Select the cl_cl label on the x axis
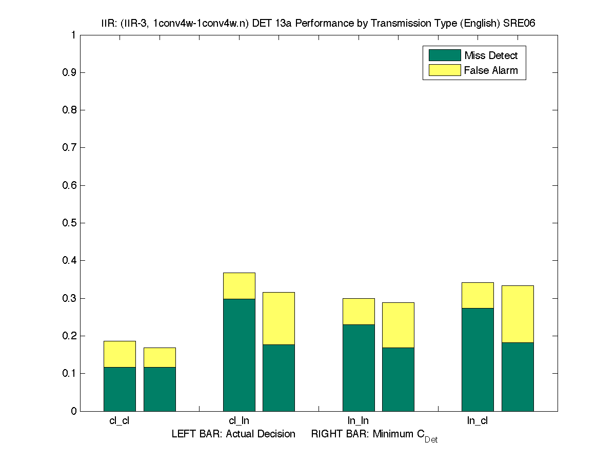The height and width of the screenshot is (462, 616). click(119, 421)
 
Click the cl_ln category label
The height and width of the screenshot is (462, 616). click(239, 421)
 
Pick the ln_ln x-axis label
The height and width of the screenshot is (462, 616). click(358, 421)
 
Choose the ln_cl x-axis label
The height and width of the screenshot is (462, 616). click(477, 421)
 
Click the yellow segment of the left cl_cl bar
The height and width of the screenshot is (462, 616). click(120, 354)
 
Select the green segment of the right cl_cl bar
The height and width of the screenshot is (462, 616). click(160, 389)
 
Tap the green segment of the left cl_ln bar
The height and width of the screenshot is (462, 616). click(239, 355)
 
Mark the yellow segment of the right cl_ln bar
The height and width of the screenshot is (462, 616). click(279, 318)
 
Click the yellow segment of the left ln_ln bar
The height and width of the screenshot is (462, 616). click(359, 312)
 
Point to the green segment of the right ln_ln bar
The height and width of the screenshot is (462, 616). click(398, 379)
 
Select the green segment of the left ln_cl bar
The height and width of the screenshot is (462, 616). click(478, 359)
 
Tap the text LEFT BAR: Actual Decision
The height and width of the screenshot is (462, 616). click(233, 434)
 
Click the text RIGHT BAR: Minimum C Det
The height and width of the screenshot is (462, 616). click(374, 435)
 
